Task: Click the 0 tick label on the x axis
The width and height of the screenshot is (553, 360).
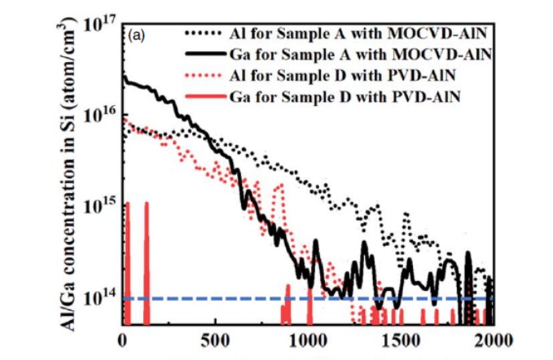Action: (x=123, y=339)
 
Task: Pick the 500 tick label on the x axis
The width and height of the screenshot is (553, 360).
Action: (x=215, y=339)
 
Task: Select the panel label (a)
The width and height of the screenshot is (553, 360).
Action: (x=136, y=37)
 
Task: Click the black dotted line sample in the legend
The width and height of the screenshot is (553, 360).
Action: (x=204, y=35)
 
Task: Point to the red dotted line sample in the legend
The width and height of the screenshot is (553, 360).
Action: (x=204, y=77)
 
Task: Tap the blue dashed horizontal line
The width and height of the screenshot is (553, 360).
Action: (x=244, y=298)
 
